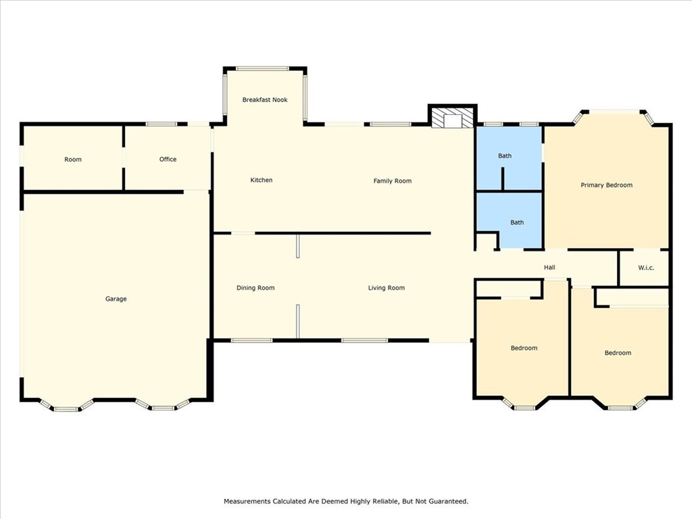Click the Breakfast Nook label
[265, 100]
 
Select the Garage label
[116, 299]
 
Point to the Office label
[168, 159]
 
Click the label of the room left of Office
[73, 159]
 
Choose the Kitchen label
[262, 180]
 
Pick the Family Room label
[393, 181]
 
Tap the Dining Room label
[255, 288]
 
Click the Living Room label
[387, 288]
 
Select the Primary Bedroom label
[607, 185]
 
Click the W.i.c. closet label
[646, 268]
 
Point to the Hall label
[549, 268]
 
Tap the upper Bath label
[505, 156]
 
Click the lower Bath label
[517, 222]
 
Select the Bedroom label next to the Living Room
[524, 348]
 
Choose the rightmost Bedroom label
[618, 353]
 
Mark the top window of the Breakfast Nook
[263, 68]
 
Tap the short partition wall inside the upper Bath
[502, 178]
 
